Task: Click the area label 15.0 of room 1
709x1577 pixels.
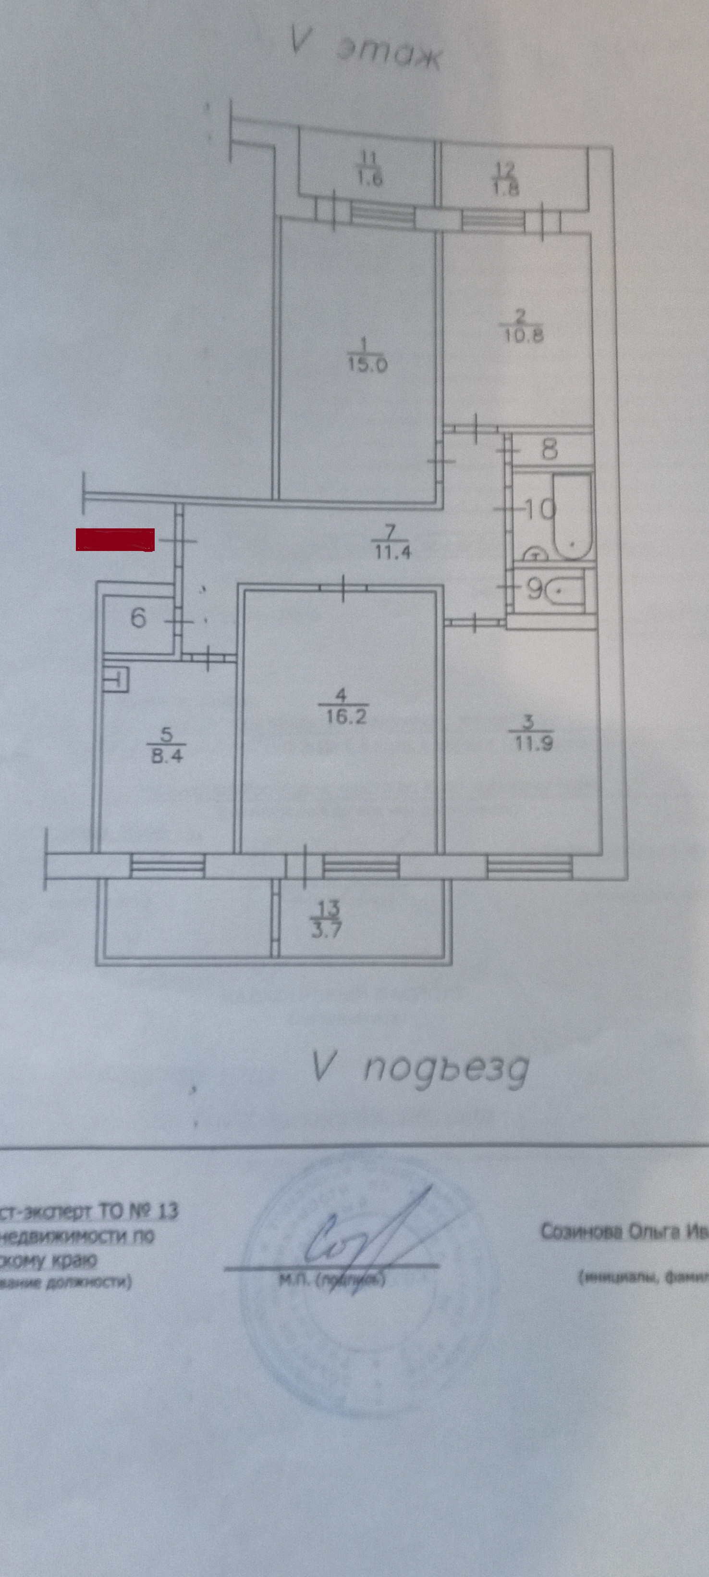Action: (x=367, y=366)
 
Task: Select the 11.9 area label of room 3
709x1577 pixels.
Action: (x=531, y=744)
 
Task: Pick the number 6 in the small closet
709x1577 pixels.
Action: (x=138, y=618)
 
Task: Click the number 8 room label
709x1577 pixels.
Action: (x=550, y=451)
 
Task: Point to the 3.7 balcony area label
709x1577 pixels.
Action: (x=326, y=930)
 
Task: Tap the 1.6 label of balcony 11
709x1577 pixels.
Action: (x=369, y=179)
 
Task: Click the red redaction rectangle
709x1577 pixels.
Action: (x=115, y=539)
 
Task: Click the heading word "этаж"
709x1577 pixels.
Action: (x=389, y=56)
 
